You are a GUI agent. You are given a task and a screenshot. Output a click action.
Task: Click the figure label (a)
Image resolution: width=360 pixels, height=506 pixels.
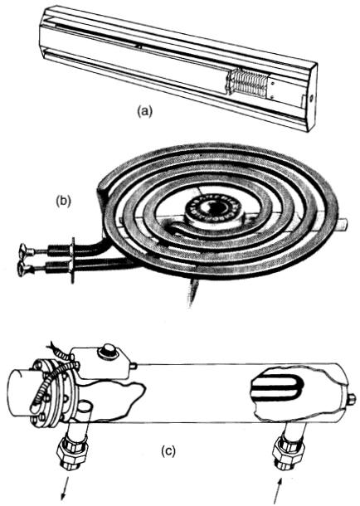click(144, 112)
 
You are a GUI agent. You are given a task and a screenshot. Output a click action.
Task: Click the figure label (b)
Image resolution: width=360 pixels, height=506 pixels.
click(63, 201)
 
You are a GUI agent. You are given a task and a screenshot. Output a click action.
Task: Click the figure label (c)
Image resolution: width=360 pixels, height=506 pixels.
click(168, 451)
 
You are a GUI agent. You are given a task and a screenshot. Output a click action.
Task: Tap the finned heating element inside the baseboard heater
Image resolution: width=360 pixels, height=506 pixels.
click(247, 85)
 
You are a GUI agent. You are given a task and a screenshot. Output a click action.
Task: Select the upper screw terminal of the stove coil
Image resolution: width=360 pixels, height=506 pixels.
click(27, 250)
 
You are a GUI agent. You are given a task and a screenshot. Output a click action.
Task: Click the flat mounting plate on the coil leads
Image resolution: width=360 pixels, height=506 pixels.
click(73, 260)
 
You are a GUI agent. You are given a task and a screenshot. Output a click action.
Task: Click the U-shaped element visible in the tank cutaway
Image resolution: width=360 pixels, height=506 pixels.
click(277, 387)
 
